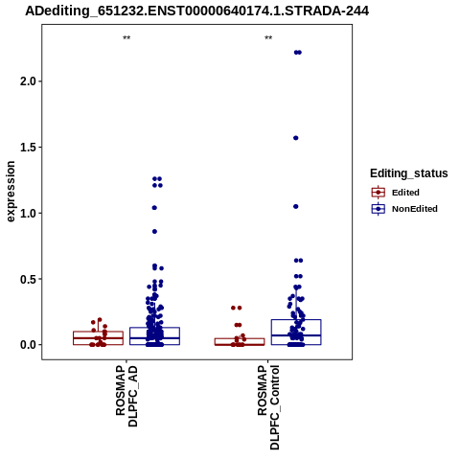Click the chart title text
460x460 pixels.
[197, 11]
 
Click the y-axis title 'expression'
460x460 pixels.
[11, 192]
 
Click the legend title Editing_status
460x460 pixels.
[409, 173]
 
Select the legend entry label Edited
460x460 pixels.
[405, 193]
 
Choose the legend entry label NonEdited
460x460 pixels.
[415, 209]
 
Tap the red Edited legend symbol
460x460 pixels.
[379, 193]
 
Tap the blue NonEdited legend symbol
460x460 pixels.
[379, 209]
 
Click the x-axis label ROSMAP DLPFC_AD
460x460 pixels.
[126, 396]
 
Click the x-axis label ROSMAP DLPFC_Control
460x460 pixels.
[268, 407]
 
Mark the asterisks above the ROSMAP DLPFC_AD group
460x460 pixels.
[126, 38]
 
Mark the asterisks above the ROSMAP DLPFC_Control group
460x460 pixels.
[268, 38]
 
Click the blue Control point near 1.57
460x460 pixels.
[296, 138]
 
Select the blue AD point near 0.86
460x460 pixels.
[154, 232]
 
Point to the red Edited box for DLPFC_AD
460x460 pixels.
[98, 338]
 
